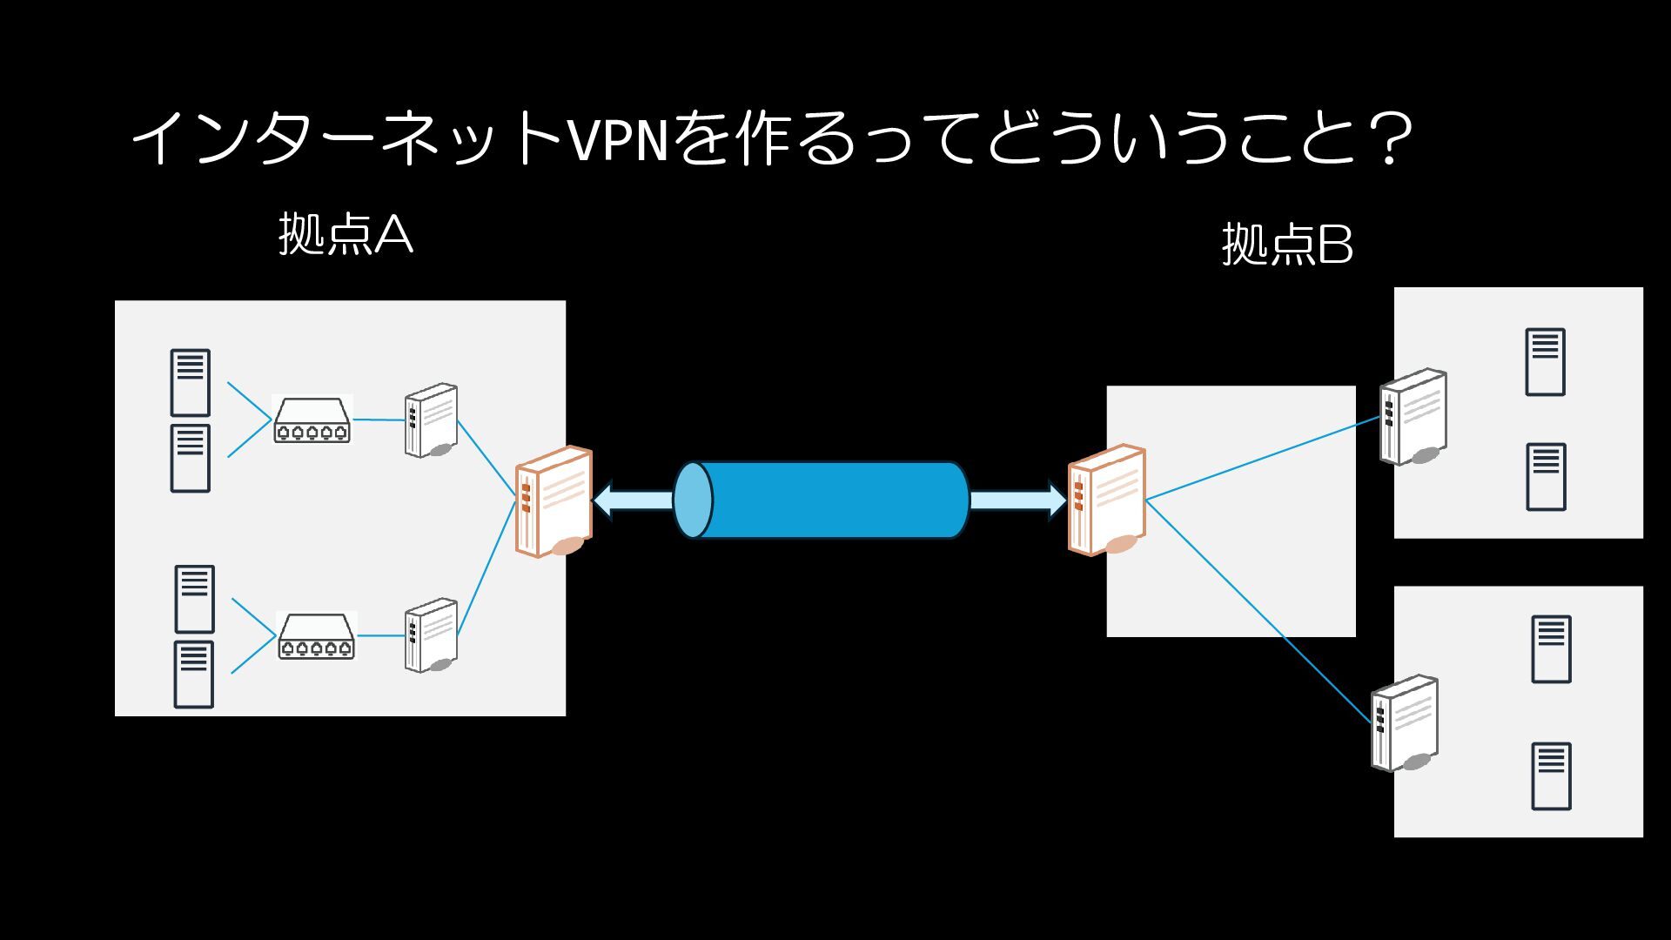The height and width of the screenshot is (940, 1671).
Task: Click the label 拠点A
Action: (346, 235)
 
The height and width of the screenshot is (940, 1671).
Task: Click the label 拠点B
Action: (1287, 245)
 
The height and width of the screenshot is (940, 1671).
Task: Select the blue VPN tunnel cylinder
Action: (822, 500)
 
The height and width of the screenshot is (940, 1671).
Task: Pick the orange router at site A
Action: (554, 501)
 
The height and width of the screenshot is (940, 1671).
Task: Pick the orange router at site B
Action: (1106, 500)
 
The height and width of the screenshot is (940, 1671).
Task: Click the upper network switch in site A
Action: (312, 420)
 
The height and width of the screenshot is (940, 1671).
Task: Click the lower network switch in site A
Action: (317, 636)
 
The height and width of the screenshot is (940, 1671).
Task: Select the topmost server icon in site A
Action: (190, 383)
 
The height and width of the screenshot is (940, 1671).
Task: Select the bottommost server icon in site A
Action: (193, 675)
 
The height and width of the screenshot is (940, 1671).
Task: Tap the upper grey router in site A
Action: (431, 420)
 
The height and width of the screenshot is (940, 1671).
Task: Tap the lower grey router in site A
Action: (431, 635)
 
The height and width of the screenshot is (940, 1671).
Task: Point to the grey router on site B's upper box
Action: (1413, 417)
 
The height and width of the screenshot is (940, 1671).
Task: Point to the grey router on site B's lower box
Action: (1405, 723)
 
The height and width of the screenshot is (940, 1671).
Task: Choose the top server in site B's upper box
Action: (1545, 362)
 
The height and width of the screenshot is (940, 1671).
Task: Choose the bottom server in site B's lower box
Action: (1551, 776)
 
